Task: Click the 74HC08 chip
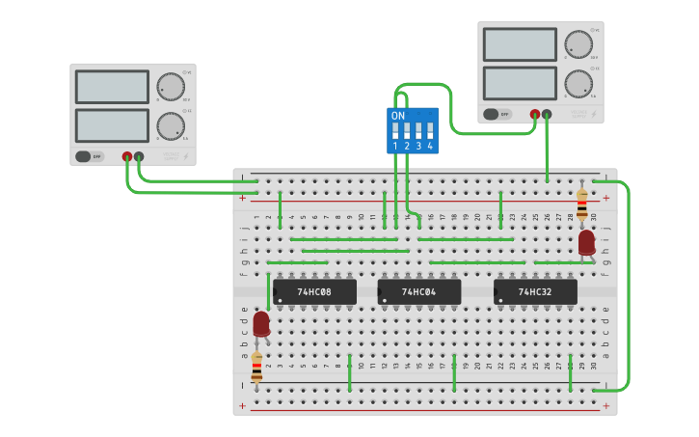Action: click(x=314, y=291)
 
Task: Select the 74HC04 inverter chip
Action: click(x=418, y=291)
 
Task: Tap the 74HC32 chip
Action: click(x=535, y=291)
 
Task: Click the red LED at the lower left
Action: click(x=261, y=323)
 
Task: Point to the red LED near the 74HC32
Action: click(x=586, y=242)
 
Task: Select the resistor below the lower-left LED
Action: click(x=256, y=368)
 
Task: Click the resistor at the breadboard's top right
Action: click(x=581, y=205)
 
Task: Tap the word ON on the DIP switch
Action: click(x=398, y=116)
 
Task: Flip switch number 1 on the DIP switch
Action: click(x=395, y=131)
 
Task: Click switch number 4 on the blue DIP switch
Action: click(x=430, y=131)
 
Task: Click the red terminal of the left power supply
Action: click(x=126, y=156)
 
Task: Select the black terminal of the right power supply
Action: click(x=547, y=115)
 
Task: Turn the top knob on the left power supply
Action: click(x=170, y=87)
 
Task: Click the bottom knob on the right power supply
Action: click(x=578, y=83)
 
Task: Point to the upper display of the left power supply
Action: click(x=111, y=87)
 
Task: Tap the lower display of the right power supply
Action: click(x=520, y=83)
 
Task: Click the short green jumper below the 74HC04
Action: click(x=454, y=372)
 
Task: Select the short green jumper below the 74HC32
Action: click(x=571, y=372)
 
